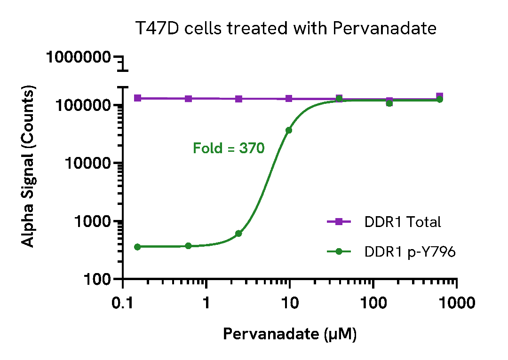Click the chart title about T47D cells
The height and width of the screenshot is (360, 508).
click(x=286, y=29)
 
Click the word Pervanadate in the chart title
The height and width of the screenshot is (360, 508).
click(x=384, y=29)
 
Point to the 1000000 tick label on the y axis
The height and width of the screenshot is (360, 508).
click(x=79, y=58)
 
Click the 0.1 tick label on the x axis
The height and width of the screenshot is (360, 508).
click(x=123, y=303)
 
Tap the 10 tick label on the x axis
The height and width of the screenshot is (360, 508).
click(x=290, y=303)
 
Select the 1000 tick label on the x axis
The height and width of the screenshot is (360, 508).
click(x=456, y=303)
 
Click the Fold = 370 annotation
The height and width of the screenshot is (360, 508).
click(x=229, y=149)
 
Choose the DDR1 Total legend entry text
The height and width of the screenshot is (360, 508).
click(x=403, y=222)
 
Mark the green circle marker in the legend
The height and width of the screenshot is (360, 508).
click(x=339, y=252)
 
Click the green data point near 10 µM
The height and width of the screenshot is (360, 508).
click(x=289, y=130)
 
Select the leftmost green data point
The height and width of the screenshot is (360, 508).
click(x=137, y=247)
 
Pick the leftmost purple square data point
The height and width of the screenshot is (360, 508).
click(x=138, y=98)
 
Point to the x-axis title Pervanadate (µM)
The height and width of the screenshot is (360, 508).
click(x=289, y=334)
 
